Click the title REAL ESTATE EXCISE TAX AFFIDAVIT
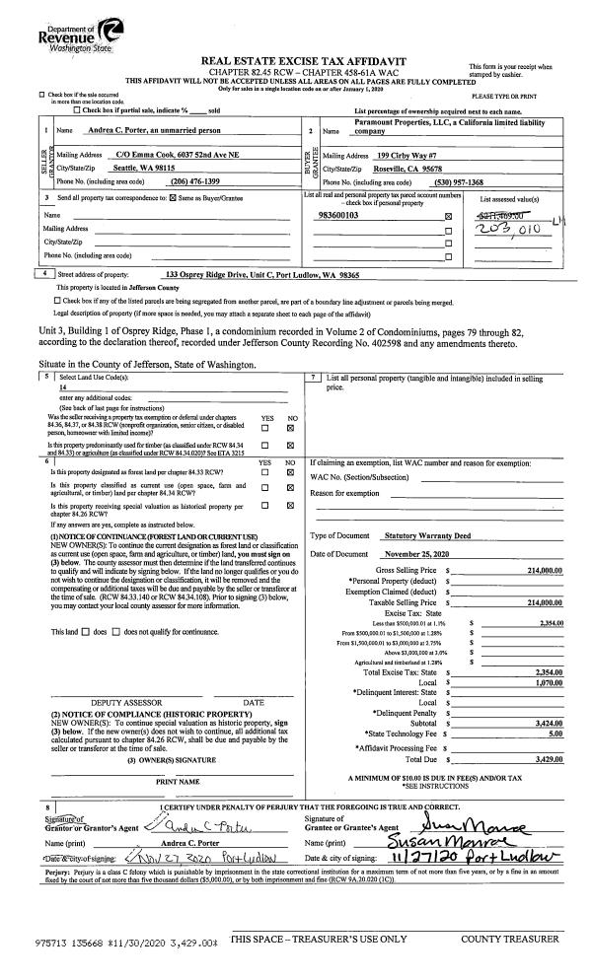[295, 60]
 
